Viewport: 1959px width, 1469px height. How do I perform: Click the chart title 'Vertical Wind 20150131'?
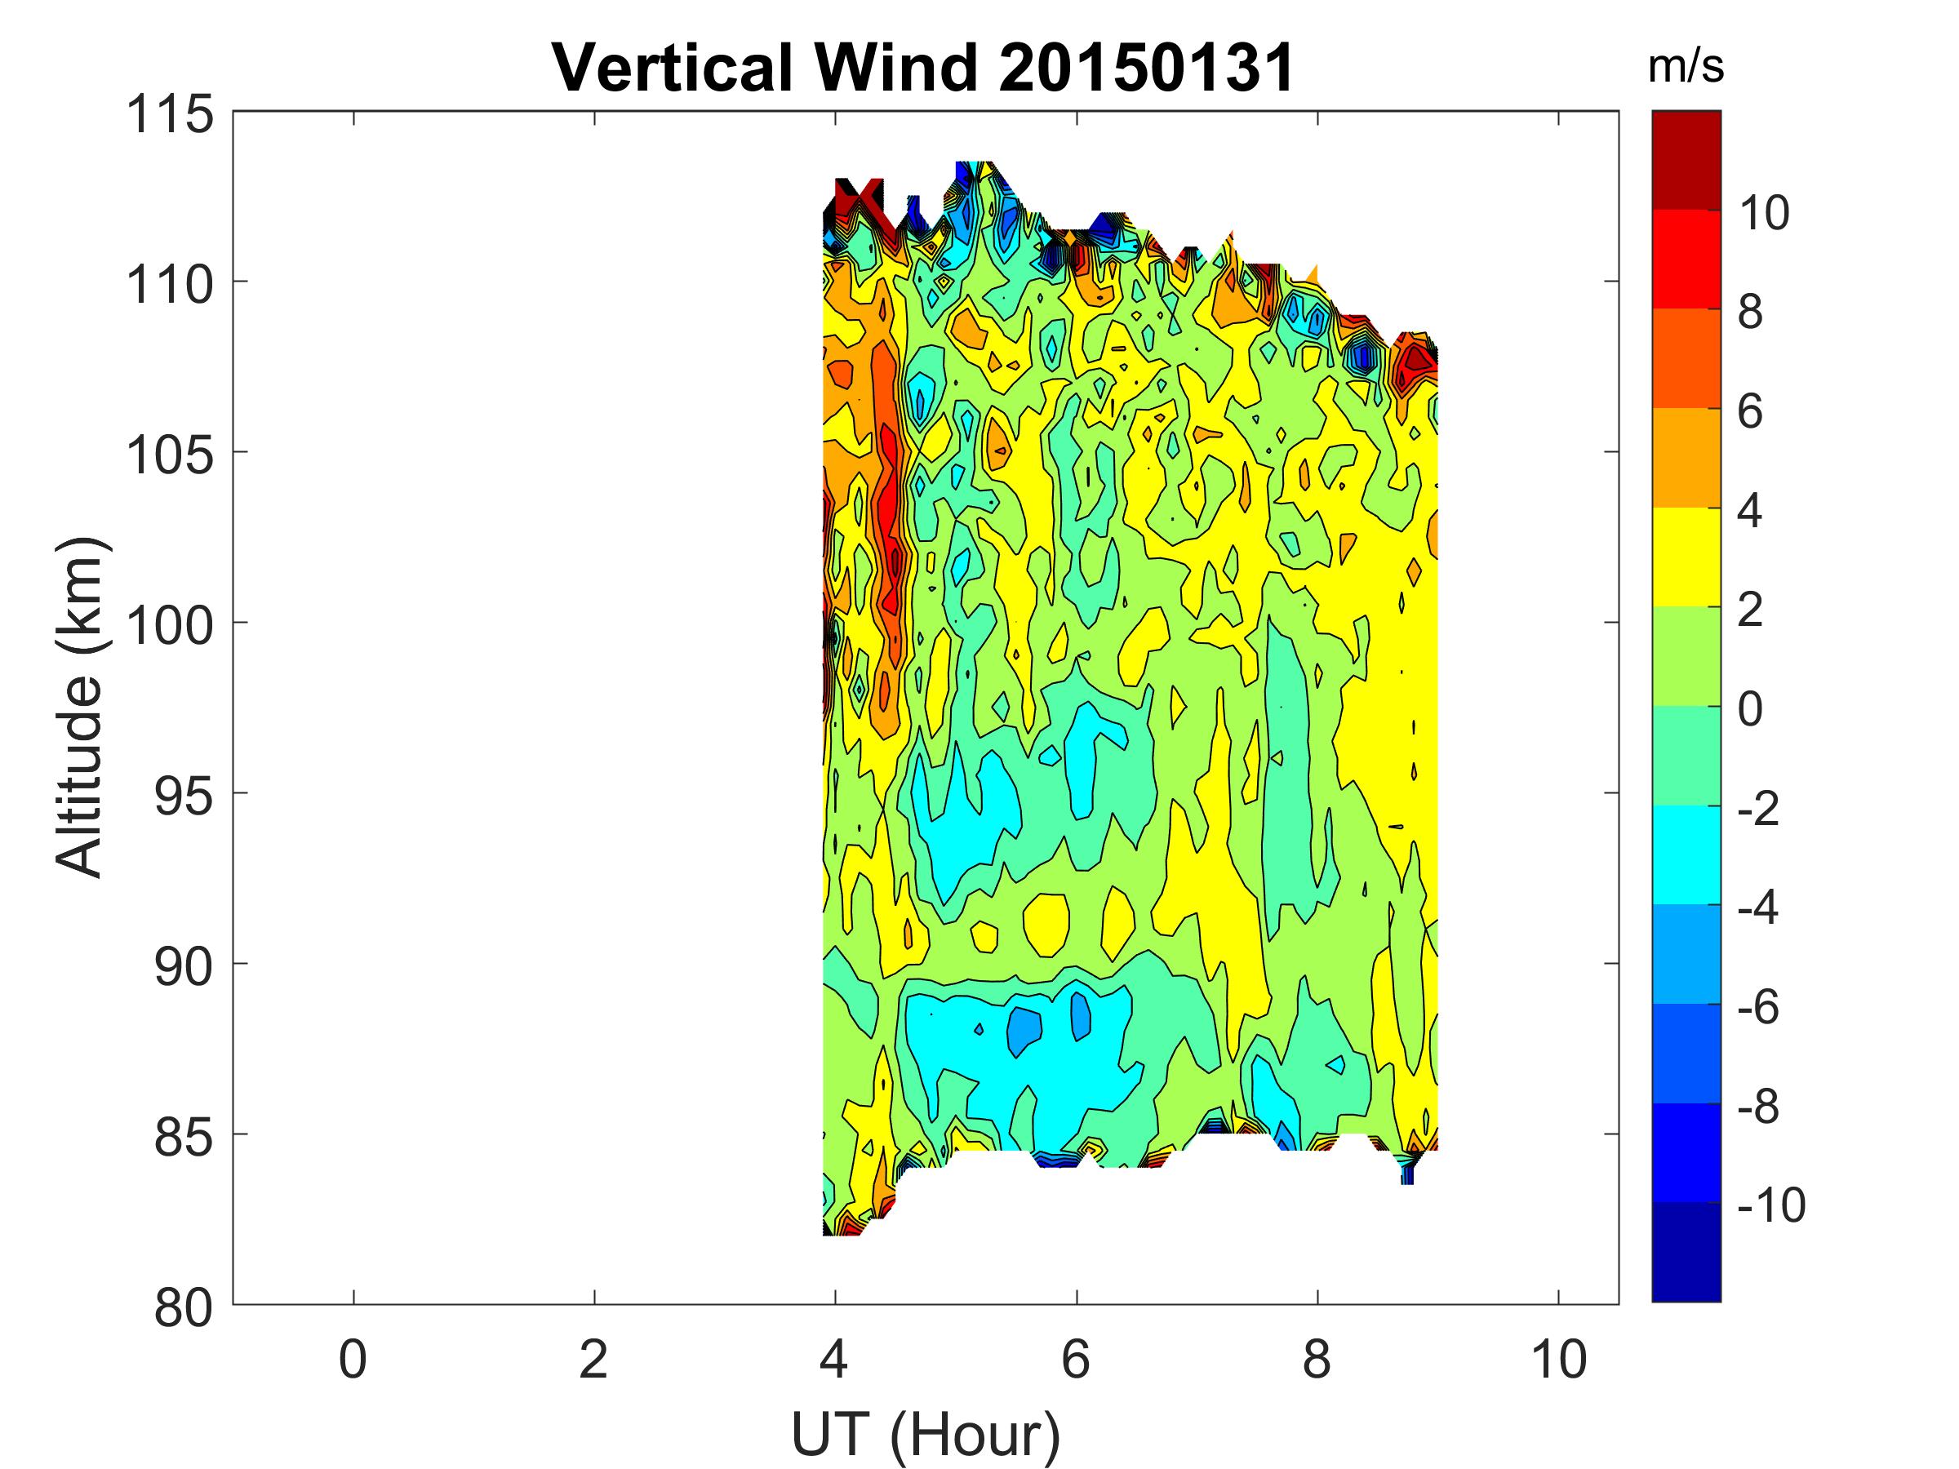924,69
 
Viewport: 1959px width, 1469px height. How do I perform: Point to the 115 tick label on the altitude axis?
170,115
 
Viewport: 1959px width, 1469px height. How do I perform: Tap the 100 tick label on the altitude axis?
170,626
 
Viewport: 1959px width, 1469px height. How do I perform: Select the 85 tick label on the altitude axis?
184,1138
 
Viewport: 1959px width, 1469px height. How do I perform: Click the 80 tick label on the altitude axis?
184,1308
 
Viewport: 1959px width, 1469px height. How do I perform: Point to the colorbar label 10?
1763,213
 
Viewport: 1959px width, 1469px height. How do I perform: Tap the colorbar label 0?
1750,709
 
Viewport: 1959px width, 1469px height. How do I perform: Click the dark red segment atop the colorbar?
1686,159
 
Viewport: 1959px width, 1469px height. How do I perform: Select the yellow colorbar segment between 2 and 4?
1686,557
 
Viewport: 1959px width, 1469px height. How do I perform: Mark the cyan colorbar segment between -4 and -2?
1686,854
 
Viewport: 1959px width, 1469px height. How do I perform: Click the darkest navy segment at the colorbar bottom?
1686,1251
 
